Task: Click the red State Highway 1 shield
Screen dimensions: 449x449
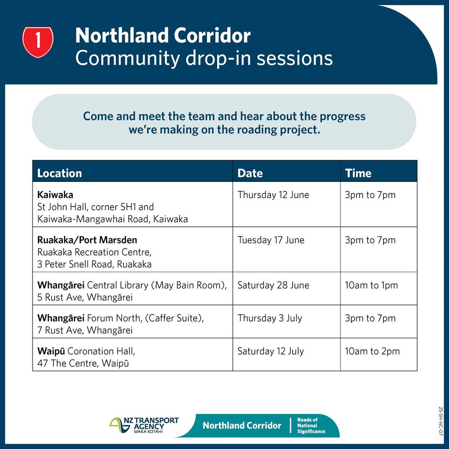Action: pyautogui.click(x=38, y=42)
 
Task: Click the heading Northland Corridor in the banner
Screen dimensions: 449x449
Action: pyautogui.click(x=163, y=35)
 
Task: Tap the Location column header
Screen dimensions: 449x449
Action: pyautogui.click(x=60, y=173)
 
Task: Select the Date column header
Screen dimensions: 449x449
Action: pyautogui.click(x=250, y=173)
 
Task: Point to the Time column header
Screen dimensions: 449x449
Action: pyautogui.click(x=358, y=173)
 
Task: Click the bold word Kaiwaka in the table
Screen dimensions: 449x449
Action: pyautogui.click(x=55, y=195)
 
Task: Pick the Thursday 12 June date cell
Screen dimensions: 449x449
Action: pyautogui.click(x=273, y=195)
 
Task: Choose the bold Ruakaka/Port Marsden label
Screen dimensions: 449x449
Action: pyautogui.click(x=87, y=240)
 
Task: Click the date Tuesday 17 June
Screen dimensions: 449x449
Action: pyautogui.click(x=271, y=240)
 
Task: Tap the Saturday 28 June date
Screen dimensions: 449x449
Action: pyautogui.click(x=273, y=285)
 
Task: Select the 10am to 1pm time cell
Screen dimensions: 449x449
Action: pyautogui.click(x=371, y=285)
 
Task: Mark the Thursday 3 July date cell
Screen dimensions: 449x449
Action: pyautogui.click(x=270, y=318)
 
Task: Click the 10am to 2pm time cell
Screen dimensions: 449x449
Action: pyautogui.click(x=372, y=351)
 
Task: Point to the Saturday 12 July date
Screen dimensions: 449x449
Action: pyautogui.click(x=271, y=351)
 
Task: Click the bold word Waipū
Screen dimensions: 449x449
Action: pyautogui.click(x=51, y=351)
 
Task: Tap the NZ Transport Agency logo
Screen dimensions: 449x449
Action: pyautogui.click(x=144, y=425)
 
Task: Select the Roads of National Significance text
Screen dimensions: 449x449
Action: pyautogui.click(x=311, y=426)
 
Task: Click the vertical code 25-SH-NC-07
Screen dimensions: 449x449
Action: pyautogui.click(x=440, y=421)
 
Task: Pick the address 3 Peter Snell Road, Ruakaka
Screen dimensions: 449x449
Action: pyautogui.click(x=94, y=264)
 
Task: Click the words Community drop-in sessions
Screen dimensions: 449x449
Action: pyautogui.click(x=204, y=58)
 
